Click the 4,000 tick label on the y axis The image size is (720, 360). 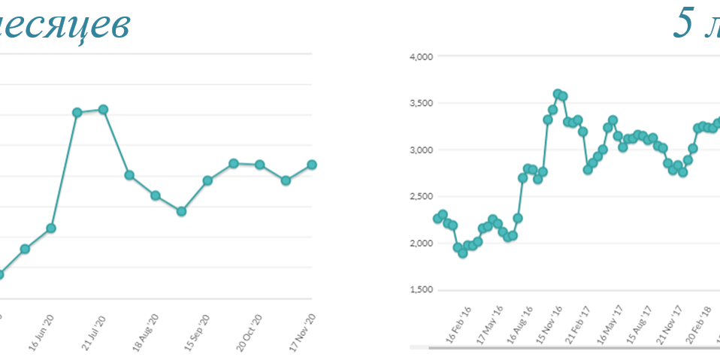(421, 56)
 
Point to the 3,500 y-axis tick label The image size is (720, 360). (421, 103)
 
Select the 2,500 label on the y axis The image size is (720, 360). (421, 196)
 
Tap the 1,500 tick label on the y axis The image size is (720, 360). (421, 290)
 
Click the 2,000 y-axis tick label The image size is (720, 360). (421, 244)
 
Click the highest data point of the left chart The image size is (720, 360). (103, 110)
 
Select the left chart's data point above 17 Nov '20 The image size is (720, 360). (312, 165)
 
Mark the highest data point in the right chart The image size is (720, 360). (558, 94)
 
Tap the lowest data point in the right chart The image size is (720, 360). (463, 253)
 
